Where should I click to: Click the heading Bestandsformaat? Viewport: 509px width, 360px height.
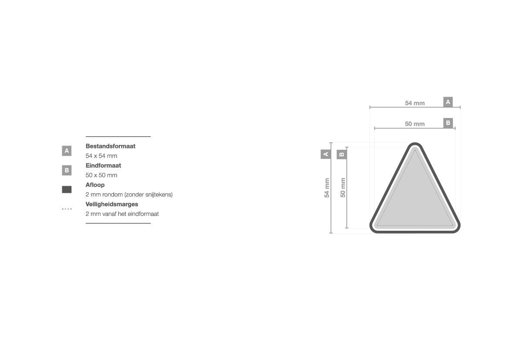tap(110, 146)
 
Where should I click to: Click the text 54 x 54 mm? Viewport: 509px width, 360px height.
tap(101, 156)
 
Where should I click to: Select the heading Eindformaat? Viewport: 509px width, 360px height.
tap(103, 165)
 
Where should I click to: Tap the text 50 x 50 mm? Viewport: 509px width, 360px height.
tap(101, 175)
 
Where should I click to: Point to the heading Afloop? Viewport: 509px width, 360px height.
tap(95, 185)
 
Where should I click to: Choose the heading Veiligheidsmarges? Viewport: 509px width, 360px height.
tap(111, 204)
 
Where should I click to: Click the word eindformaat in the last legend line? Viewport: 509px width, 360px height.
tap(143, 214)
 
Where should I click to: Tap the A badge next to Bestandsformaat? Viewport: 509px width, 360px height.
tap(67, 151)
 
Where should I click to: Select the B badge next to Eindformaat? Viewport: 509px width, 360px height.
tap(67, 170)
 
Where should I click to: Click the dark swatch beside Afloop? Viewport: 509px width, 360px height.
tap(67, 189)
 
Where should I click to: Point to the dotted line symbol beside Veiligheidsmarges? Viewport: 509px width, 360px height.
tap(67, 209)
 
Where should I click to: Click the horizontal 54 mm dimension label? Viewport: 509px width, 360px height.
tap(415, 103)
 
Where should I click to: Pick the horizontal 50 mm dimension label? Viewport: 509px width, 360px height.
tap(415, 124)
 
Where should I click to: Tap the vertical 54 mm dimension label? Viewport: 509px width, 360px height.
tap(327, 188)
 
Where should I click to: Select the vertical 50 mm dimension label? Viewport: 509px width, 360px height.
tap(343, 188)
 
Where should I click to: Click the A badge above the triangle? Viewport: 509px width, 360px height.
tap(448, 102)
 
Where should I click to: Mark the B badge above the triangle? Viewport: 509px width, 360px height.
tap(448, 123)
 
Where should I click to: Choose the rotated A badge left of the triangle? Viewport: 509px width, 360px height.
tap(326, 154)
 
